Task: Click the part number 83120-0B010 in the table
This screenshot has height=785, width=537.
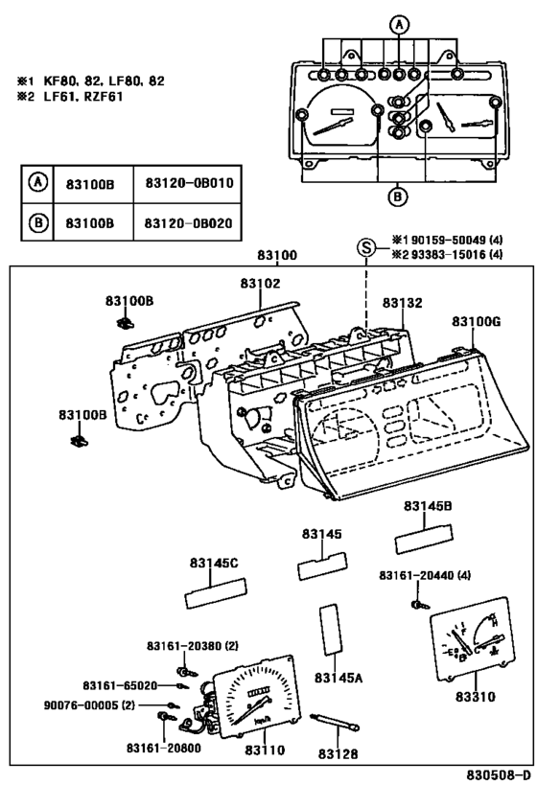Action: point(189,183)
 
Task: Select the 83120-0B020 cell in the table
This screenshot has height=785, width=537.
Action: point(188,222)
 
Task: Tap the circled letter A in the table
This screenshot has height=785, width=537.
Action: point(37,182)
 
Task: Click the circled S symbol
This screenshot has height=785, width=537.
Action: point(366,248)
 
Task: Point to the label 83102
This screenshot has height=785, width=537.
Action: point(260,284)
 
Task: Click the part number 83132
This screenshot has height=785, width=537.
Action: point(402,303)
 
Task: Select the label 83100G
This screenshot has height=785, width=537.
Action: point(476,321)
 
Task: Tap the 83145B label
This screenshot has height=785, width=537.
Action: point(428,506)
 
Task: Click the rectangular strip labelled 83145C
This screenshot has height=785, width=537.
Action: point(217,592)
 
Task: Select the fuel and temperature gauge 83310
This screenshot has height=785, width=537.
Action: point(473,638)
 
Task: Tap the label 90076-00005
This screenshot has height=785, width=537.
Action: point(81,705)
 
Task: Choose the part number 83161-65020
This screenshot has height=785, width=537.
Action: point(120,685)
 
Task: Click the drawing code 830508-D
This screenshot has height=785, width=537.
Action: point(499,775)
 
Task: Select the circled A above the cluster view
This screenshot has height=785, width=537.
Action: point(399,25)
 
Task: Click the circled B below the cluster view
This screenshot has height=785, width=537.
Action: point(397,196)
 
